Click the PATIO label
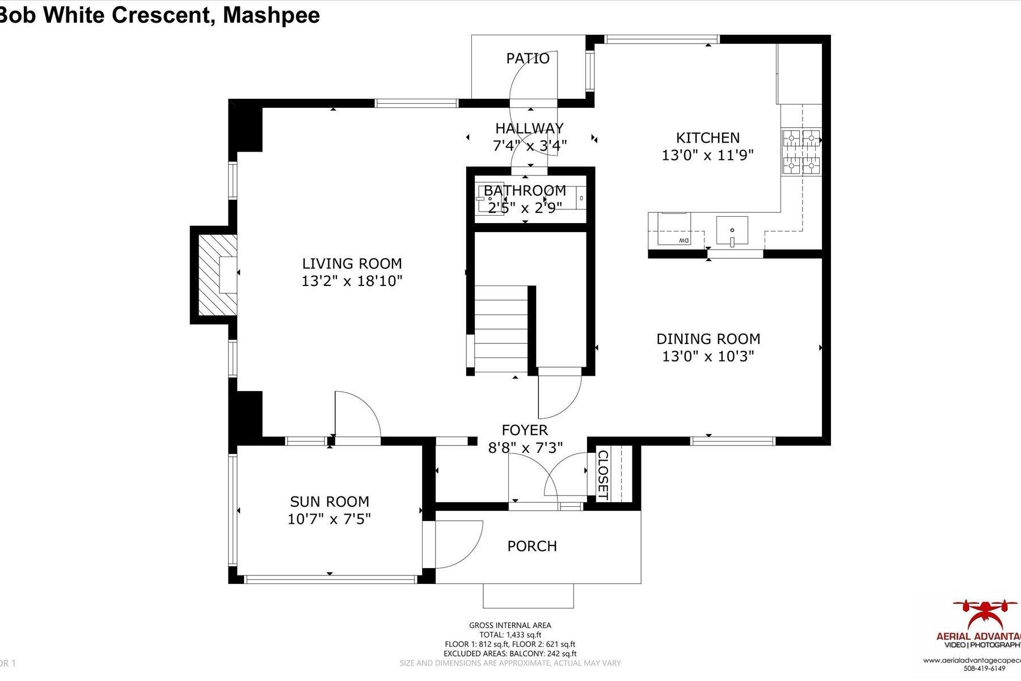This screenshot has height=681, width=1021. point(528,58)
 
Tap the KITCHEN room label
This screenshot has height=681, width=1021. point(707,138)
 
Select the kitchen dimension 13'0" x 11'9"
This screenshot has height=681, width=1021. point(707,155)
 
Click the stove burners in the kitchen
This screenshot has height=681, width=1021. point(801,152)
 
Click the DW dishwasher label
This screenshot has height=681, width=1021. point(683,241)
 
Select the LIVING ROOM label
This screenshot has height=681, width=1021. point(352,264)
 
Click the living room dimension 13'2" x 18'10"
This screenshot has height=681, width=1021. point(352,281)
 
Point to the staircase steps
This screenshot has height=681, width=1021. point(501,329)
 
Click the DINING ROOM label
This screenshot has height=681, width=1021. point(708,339)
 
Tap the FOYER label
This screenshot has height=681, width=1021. point(525,430)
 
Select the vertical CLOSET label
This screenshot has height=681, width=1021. point(602,475)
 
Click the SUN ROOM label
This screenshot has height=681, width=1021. point(329,502)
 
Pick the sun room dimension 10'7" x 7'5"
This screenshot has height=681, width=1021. point(329,519)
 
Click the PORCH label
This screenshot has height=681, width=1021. point(531,546)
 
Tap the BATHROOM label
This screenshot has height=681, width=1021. point(525,191)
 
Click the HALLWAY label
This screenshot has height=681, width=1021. point(529,128)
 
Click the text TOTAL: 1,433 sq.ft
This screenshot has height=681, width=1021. point(509,635)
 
